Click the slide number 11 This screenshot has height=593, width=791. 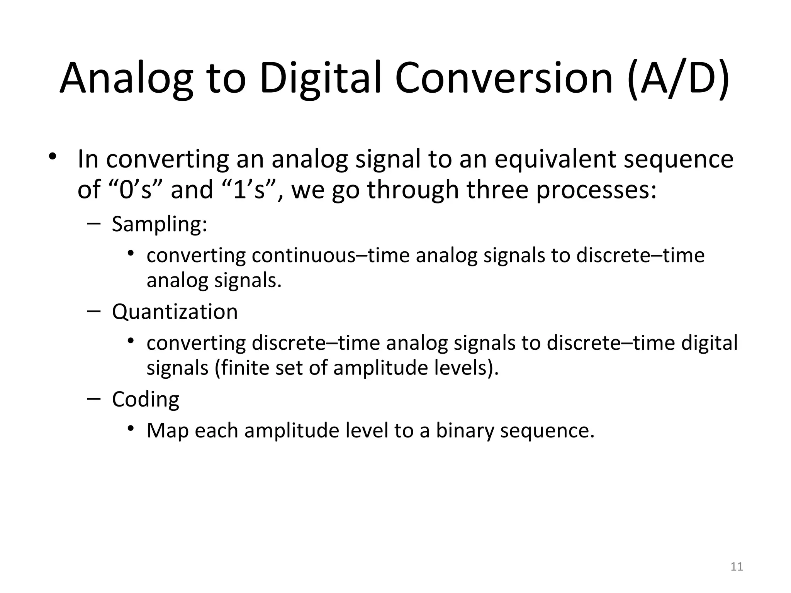click(x=737, y=567)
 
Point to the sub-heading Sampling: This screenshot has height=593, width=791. click(x=160, y=224)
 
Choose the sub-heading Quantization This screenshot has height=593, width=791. click(x=175, y=312)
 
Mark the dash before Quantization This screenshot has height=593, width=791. click(x=94, y=311)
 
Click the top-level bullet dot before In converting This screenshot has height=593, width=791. click(x=53, y=157)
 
